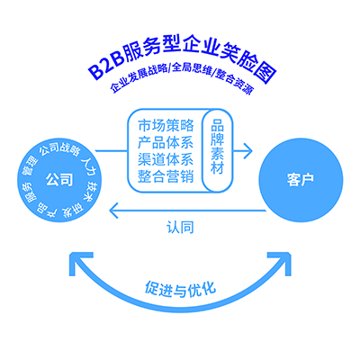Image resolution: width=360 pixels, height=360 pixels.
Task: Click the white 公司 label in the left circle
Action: pos(59,180)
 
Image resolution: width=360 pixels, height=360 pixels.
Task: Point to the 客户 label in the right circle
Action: pos(301,180)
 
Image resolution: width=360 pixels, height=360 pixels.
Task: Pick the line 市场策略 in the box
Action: pos(166,125)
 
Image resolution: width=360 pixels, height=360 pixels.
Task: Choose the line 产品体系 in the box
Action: pos(166,142)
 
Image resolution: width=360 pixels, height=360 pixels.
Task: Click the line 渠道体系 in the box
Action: pos(166,159)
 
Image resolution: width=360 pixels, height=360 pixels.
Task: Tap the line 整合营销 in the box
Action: pos(166,176)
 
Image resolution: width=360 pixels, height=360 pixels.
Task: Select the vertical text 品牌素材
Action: pos(217,147)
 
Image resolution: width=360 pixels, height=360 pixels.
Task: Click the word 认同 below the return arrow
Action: pos(180,228)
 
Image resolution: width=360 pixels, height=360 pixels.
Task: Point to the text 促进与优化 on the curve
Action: pos(180,289)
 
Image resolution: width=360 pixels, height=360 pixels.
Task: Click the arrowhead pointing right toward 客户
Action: pos(247,150)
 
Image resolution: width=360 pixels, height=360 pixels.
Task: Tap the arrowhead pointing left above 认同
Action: pos(114,211)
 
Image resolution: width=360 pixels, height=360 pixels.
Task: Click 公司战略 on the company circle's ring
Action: pos(60,149)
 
